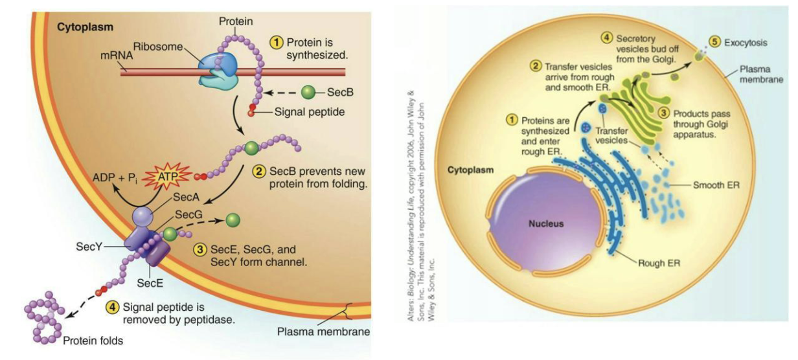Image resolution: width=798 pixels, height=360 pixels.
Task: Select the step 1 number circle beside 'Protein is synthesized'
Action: tap(277, 41)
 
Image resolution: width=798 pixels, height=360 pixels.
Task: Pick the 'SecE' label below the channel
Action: tap(149, 282)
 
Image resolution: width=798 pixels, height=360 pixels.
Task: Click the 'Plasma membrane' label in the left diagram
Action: tap(323, 332)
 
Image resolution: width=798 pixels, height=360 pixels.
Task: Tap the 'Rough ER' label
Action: tap(659, 263)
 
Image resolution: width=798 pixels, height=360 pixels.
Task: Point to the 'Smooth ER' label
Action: tap(716, 185)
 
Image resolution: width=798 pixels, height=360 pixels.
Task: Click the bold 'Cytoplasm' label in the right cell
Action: tap(470, 170)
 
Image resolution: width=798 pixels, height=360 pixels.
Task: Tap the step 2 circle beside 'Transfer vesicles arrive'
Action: tap(536, 65)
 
